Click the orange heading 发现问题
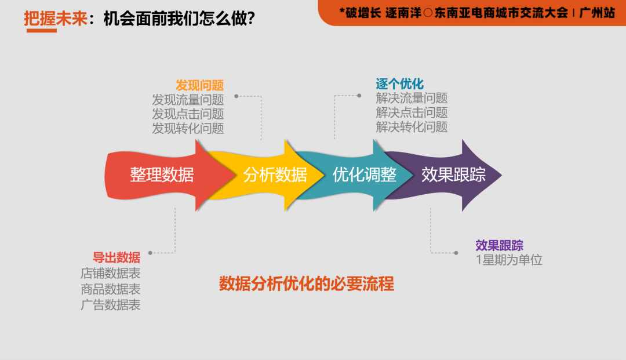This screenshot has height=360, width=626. coord(199,85)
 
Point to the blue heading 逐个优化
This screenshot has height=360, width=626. coord(399,84)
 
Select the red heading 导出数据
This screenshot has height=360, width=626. coord(116,257)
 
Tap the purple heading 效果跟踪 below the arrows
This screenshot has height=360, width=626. coord(499,245)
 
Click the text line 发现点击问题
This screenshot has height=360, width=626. coord(188,114)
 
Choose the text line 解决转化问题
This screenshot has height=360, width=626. coord(412,127)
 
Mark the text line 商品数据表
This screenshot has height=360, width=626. coord(111,289)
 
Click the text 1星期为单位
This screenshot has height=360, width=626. coord(509,260)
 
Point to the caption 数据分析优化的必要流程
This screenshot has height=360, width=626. coord(307,284)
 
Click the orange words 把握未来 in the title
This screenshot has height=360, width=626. coord(56,19)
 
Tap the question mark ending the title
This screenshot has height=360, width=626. coord(251,19)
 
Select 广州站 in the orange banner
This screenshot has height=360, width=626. coord(597,13)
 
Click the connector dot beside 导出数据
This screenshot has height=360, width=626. coord(150,253)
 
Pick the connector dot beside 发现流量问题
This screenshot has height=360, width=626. coord(236,96)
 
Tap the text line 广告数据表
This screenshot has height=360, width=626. coord(111,305)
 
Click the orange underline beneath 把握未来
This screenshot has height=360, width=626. coord(42,30)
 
